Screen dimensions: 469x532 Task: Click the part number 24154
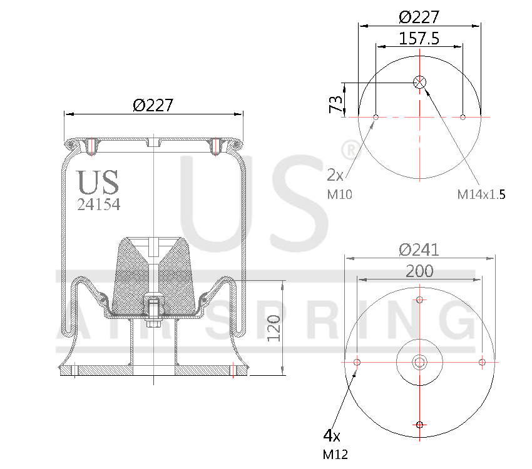coord(98,204)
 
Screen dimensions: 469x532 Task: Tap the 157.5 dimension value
coord(419,38)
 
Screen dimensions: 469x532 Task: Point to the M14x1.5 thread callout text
coord(481,194)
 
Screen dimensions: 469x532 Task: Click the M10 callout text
coord(340,194)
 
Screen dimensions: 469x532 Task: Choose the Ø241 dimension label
coord(419,250)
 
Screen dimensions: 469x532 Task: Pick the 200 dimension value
coord(419,271)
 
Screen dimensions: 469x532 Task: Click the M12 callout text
coord(335,455)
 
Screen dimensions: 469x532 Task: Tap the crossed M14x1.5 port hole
coord(419,82)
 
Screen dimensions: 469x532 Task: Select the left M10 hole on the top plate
coord(376,117)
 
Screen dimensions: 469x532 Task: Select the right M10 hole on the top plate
coord(463,117)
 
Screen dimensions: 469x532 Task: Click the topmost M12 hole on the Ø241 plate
coord(419,300)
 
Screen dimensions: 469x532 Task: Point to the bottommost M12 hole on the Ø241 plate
coord(419,425)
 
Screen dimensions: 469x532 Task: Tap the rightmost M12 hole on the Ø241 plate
coord(482,362)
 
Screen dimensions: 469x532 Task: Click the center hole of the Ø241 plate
coord(419,362)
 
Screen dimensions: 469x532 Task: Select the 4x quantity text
coord(331,435)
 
